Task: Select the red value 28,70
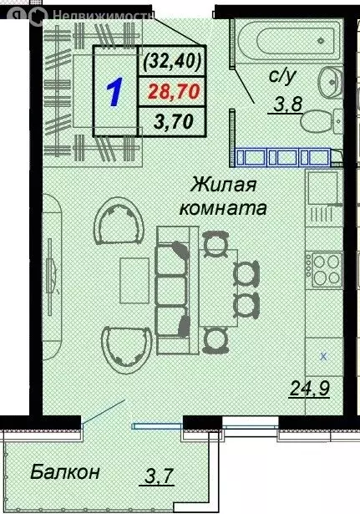coord(173,91)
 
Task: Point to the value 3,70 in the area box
coord(173,122)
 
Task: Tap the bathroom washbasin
coord(331,81)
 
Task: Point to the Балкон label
coord(65,472)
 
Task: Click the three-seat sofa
coord(174,288)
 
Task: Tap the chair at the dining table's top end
coord(215,245)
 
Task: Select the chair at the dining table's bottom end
coord(215,338)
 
